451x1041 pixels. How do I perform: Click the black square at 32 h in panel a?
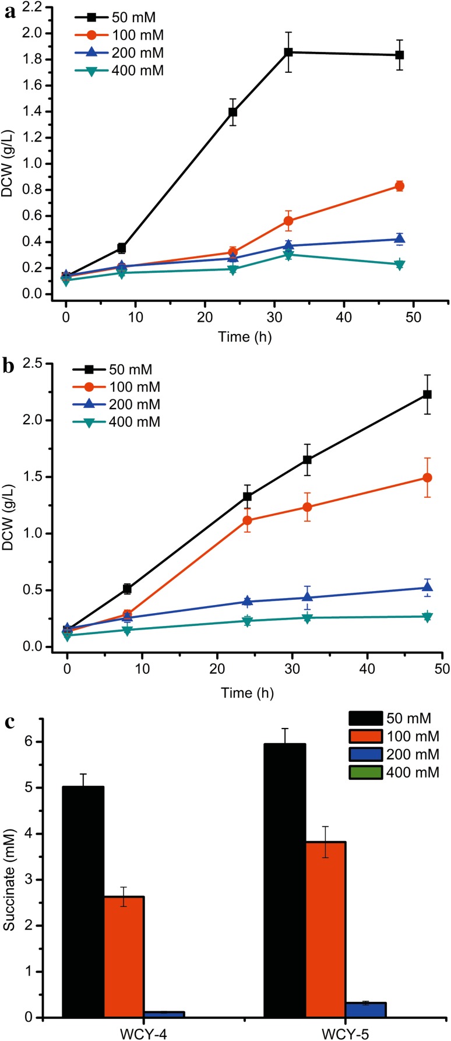point(288,52)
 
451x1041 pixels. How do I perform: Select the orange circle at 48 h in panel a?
point(399,186)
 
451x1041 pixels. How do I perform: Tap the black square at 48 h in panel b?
point(427,395)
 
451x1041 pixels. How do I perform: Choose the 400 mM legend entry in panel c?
point(394,773)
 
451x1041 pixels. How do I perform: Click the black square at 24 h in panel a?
point(232,112)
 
